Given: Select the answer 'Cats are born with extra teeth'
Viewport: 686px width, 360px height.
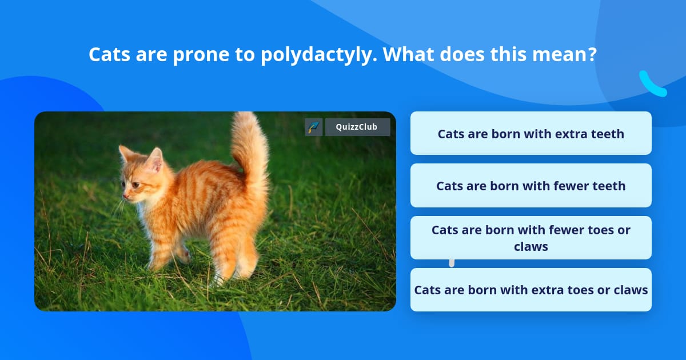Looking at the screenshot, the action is point(531,134).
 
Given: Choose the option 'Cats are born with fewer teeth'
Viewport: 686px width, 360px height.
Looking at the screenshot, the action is point(531,186).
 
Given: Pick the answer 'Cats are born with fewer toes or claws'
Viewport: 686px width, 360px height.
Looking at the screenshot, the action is point(531,238).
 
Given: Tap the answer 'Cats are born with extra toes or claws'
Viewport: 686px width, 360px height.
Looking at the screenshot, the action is point(531,290).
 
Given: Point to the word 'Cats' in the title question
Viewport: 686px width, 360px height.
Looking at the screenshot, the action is point(109,54).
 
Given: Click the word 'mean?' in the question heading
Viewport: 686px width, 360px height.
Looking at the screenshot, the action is point(564,54).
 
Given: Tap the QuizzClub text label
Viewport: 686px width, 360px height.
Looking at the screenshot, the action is point(357,127).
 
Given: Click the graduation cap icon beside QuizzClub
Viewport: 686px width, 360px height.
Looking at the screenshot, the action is point(314,127).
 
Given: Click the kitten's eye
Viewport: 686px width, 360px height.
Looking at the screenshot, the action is point(135,185).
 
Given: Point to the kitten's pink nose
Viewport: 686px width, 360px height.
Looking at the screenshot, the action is point(125,196).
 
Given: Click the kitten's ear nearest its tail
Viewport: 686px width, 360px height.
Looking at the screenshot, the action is point(155,159).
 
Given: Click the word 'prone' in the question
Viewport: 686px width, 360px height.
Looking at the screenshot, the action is point(201,55).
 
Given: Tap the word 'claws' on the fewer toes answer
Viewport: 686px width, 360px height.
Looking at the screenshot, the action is point(531,246).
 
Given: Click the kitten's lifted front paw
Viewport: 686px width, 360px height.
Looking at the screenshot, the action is point(183,255).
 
